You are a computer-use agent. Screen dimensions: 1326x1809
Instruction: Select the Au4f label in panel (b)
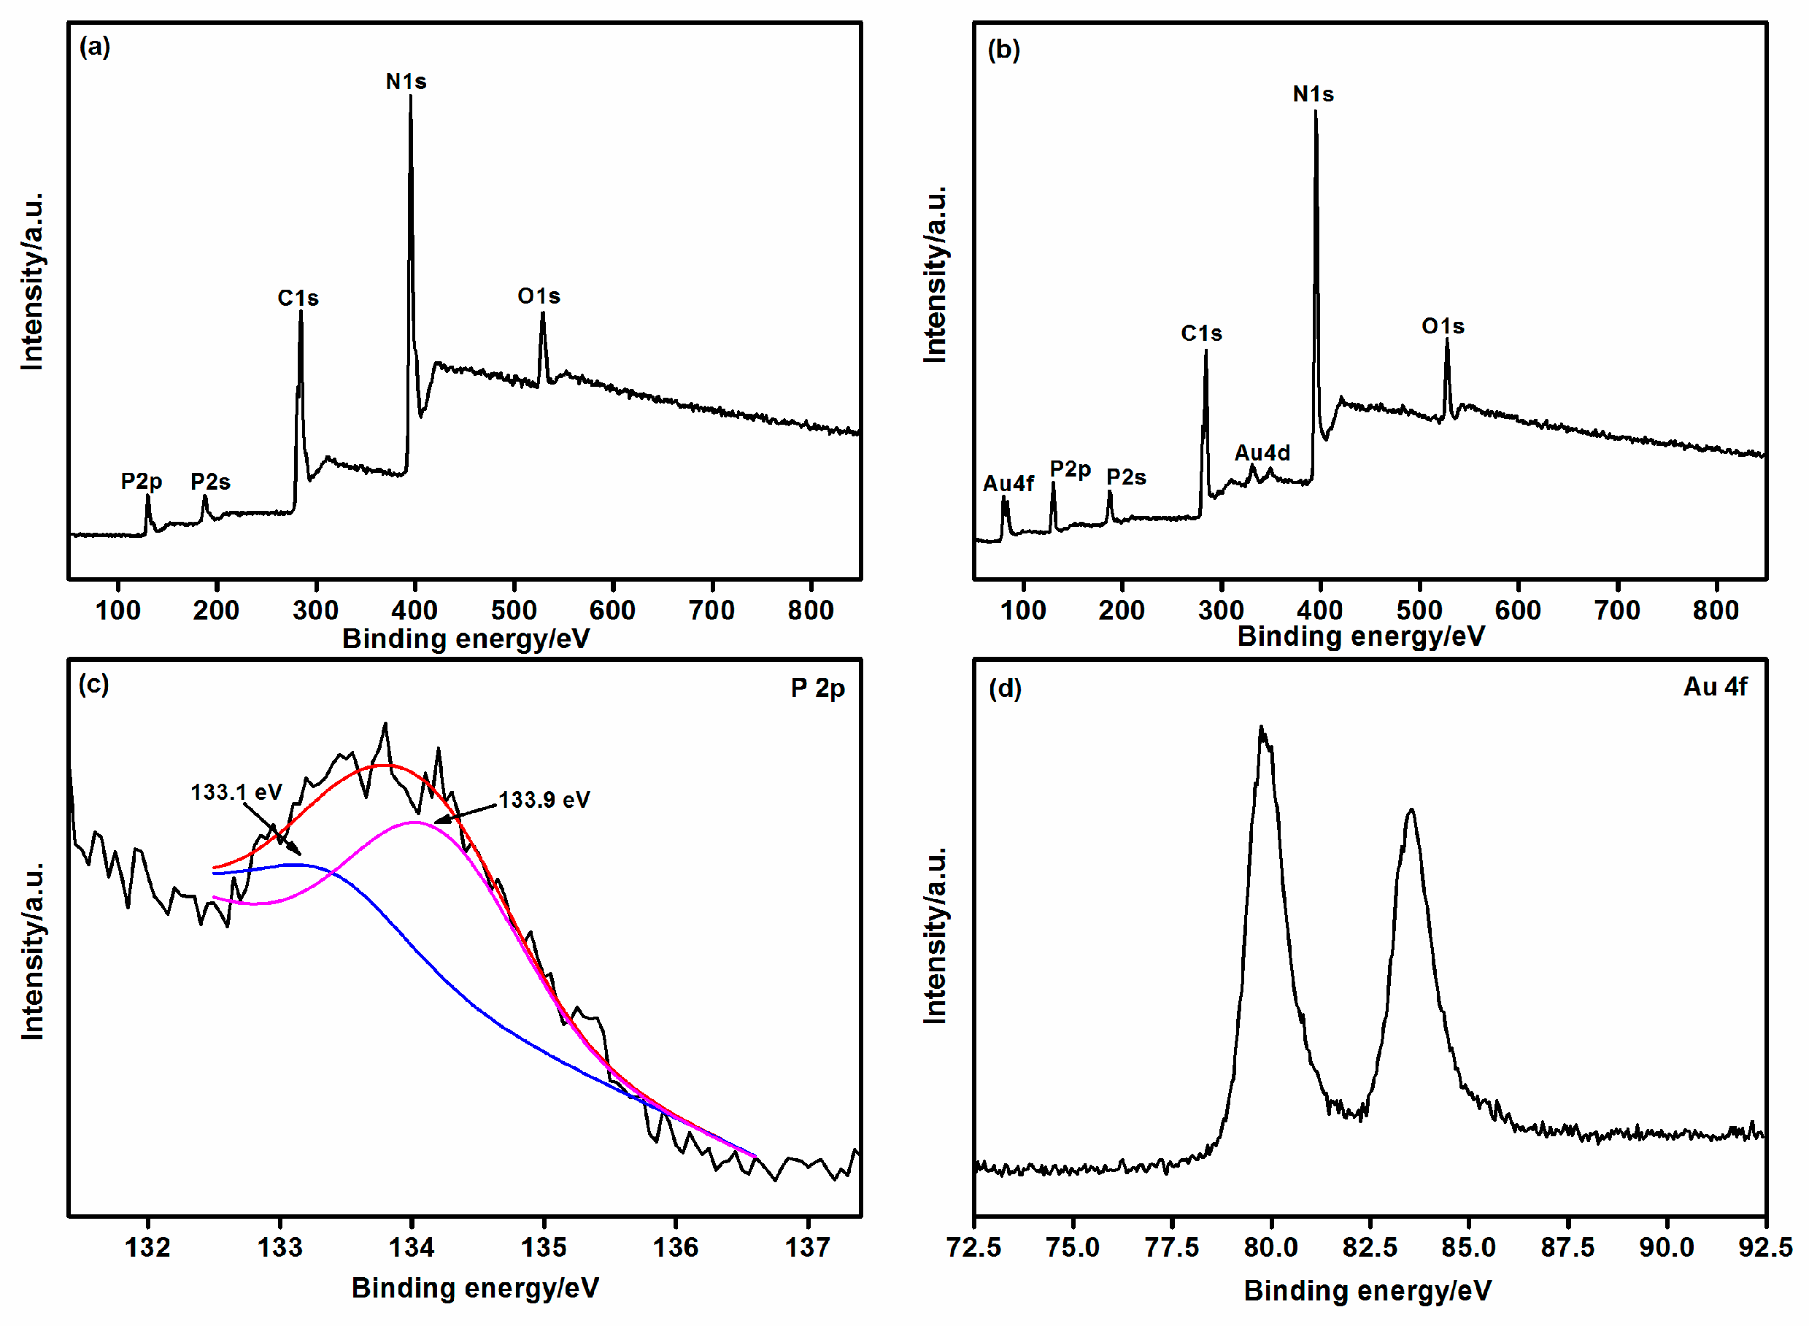[1008, 484]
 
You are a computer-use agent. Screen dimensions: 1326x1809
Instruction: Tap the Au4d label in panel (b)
[1262, 453]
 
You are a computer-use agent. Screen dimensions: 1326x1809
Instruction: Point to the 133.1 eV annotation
[236, 793]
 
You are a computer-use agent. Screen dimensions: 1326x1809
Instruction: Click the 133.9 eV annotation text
[544, 801]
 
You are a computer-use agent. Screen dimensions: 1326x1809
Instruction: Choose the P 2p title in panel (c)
[817, 689]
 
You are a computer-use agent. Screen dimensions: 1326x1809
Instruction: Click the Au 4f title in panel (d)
[1714, 687]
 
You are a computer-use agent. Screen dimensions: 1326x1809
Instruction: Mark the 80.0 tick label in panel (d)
[1270, 1248]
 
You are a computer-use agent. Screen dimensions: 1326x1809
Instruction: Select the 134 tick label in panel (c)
[412, 1248]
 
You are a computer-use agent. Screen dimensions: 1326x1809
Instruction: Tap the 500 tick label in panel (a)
[514, 611]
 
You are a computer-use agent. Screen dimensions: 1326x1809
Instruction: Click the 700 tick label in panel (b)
[1617, 611]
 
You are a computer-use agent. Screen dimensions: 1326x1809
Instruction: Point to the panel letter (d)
[1005, 689]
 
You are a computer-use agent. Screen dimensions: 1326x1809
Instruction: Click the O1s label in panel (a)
[539, 297]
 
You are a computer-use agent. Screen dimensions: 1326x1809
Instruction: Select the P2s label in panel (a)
[210, 482]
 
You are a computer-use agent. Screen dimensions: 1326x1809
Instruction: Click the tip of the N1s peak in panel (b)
[1315, 112]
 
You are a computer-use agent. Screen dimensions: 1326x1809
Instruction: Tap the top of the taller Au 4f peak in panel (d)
[1261, 729]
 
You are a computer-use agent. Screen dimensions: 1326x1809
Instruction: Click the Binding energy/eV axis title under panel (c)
[475, 1288]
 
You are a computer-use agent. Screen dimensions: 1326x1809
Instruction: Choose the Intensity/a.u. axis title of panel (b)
[935, 275]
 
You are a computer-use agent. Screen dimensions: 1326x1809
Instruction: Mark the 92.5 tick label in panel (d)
[1764, 1248]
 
